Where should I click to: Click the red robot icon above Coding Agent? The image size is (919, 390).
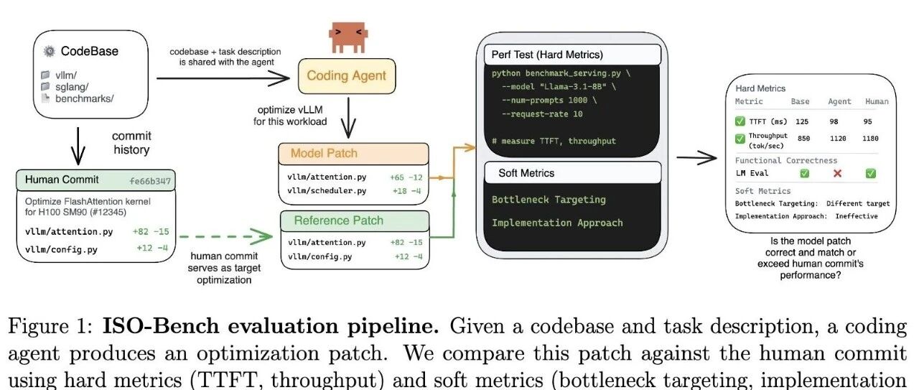[348, 37]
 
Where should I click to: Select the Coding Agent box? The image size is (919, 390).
[347, 76]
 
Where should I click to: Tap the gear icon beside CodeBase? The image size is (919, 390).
[50, 51]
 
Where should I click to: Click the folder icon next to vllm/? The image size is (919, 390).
[45, 75]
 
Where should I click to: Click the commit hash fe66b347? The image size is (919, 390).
[150, 181]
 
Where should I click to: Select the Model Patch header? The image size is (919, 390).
[353, 154]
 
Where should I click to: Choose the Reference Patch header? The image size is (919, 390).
[355, 221]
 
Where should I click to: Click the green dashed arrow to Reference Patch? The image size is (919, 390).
[226, 236]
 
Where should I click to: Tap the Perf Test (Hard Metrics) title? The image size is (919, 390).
[547, 55]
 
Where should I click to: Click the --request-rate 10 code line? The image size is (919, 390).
[542, 113]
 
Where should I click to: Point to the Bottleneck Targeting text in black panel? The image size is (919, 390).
[549, 200]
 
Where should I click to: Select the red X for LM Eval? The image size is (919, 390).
[837, 173]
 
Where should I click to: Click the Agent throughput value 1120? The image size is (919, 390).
[838, 139]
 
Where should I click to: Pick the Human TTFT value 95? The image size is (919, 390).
[867, 121]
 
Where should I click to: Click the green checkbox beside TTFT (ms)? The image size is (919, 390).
[740, 121]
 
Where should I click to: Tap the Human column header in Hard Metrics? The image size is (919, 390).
[877, 101]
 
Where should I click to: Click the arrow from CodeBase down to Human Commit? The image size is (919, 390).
[78, 146]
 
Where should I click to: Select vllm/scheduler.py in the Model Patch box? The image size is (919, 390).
[327, 191]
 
